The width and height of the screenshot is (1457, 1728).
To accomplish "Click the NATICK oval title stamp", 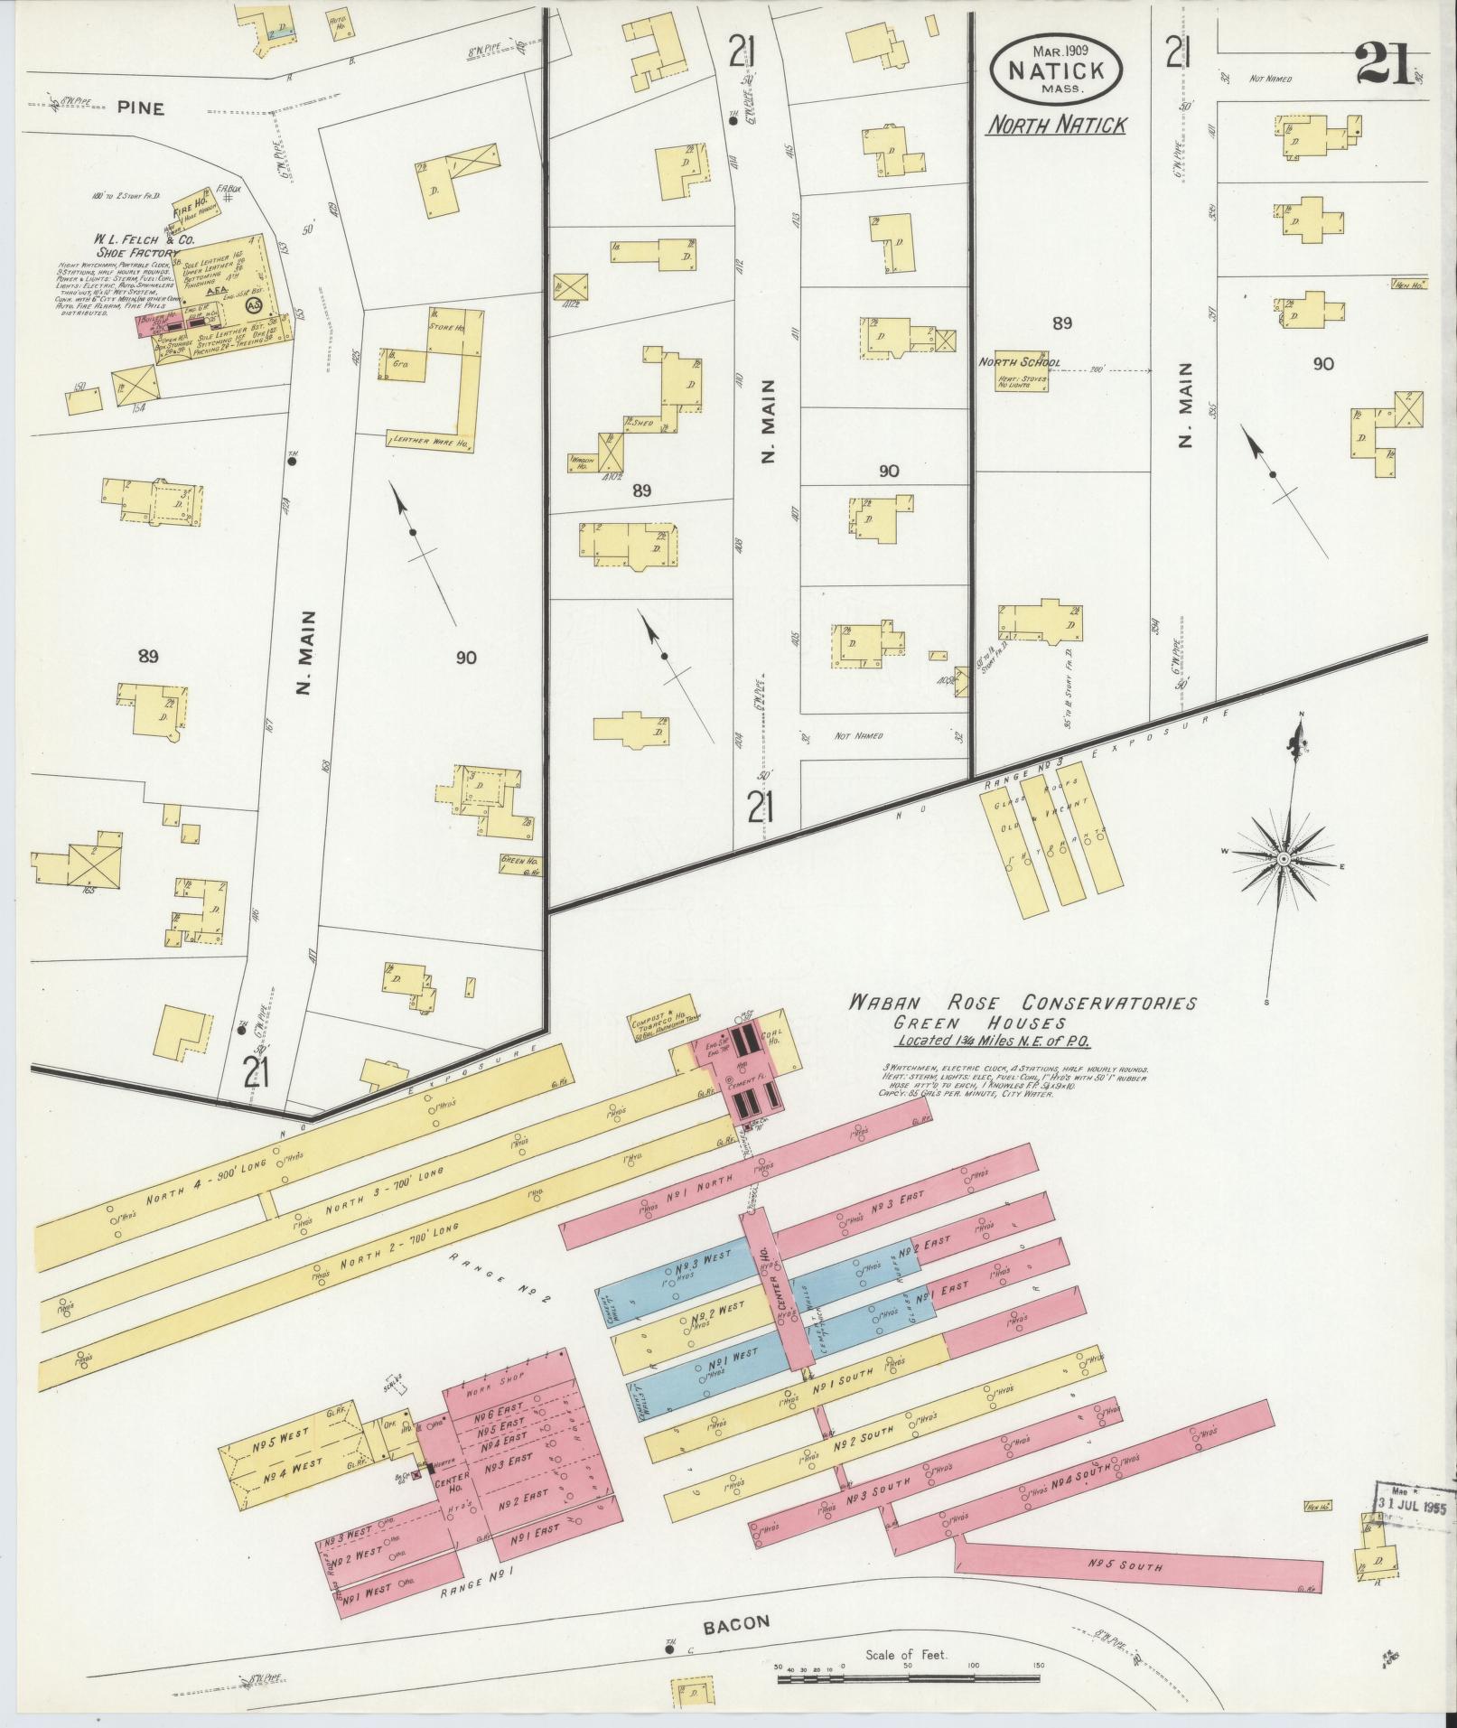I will [x=1057, y=69].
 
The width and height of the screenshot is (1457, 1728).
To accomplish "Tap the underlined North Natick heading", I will [x=1056, y=125].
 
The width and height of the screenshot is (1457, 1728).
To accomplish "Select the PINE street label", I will [x=140, y=108].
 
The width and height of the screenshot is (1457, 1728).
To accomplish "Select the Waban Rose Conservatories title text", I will [x=1021, y=1004].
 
